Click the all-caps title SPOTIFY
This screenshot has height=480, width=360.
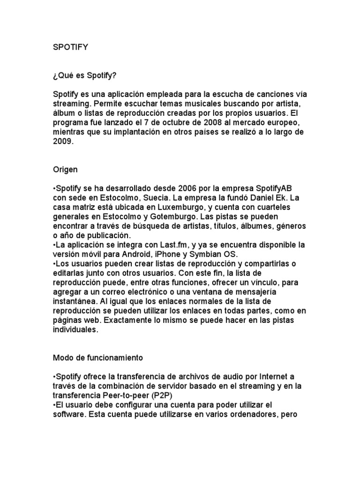(x=70, y=47)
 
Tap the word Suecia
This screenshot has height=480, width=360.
(x=166, y=198)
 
